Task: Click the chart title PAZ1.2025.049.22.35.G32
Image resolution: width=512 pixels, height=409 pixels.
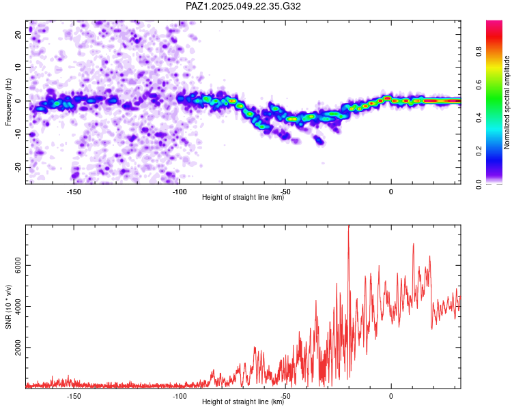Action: pyautogui.click(x=243, y=6)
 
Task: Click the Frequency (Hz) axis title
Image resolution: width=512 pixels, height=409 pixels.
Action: pyautogui.click(x=8, y=102)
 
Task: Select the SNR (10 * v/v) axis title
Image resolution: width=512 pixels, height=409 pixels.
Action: pyautogui.click(x=8, y=307)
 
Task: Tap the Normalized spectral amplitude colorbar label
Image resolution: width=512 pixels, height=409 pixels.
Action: pyautogui.click(x=507, y=102)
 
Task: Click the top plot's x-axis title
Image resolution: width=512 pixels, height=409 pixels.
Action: pyautogui.click(x=243, y=197)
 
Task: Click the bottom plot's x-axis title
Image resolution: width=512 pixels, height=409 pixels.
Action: pyautogui.click(x=243, y=402)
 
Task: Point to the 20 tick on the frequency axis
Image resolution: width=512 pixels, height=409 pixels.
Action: pyautogui.click(x=18, y=34)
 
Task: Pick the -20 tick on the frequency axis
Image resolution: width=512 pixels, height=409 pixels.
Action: pyautogui.click(x=18, y=167)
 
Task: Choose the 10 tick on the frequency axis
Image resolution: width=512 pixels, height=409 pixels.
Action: pyautogui.click(x=18, y=67)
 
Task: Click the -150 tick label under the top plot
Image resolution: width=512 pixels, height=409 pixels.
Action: pyautogui.click(x=74, y=192)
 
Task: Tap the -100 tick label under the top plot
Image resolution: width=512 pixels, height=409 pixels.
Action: pyautogui.click(x=180, y=192)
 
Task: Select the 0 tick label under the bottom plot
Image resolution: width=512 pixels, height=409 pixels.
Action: pyautogui.click(x=391, y=396)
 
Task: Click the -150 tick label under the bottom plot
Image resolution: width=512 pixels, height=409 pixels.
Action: pyautogui.click(x=74, y=396)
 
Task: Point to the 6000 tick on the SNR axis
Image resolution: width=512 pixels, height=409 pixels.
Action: pyautogui.click(x=18, y=265)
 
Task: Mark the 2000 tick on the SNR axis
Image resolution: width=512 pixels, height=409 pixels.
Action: pyautogui.click(x=18, y=348)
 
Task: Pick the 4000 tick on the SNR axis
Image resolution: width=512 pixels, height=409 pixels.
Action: pyautogui.click(x=18, y=307)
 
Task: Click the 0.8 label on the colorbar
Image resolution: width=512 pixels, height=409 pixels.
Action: pyautogui.click(x=479, y=52)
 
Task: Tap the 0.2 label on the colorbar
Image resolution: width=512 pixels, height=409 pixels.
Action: pyautogui.click(x=479, y=151)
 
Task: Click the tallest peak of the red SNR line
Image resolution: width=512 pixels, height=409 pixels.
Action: pyautogui.click(x=348, y=226)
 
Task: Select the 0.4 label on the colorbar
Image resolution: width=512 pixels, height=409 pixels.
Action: pyautogui.click(x=479, y=118)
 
